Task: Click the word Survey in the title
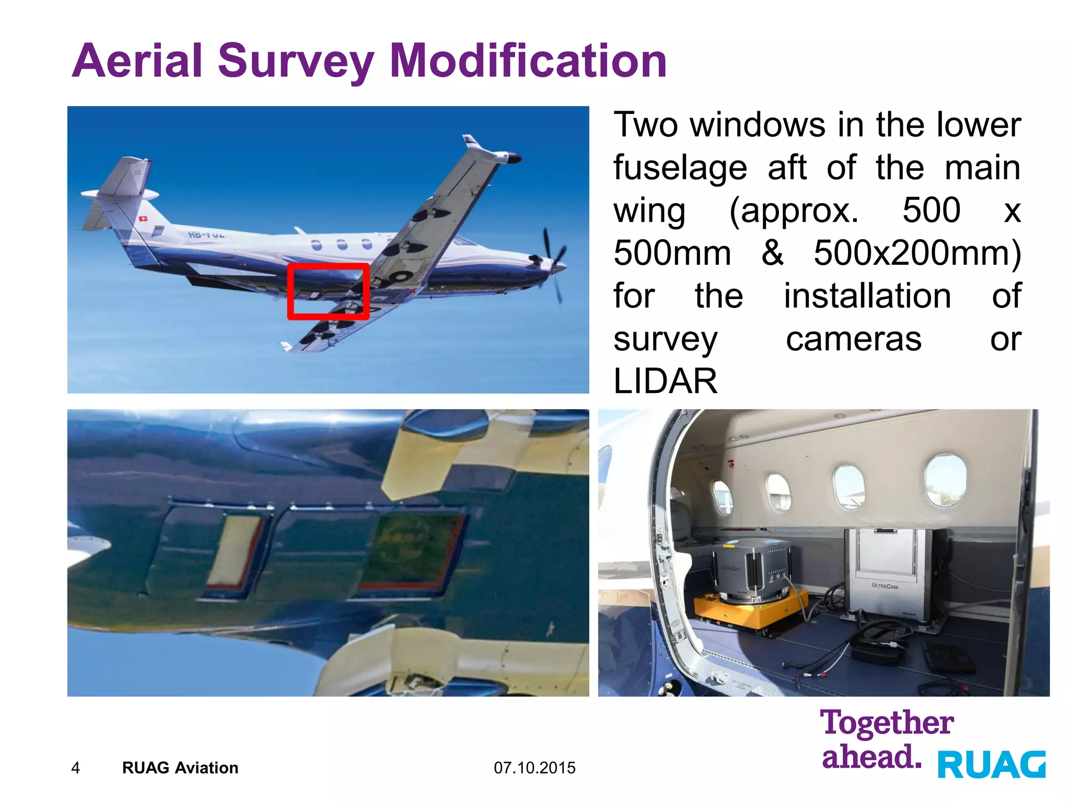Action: [x=296, y=62]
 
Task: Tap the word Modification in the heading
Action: [x=528, y=62]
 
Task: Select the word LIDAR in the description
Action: [x=665, y=381]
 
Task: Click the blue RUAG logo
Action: [x=992, y=764]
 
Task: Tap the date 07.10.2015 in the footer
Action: [x=534, y=768]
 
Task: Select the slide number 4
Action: [x=75, y=768]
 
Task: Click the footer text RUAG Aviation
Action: [x=180, y=768]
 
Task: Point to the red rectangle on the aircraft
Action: [x=328, y=265]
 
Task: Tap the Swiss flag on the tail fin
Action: [x=143, y=219]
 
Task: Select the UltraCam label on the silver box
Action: [x=885, y=586]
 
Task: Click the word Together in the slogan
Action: [x=887, y=723]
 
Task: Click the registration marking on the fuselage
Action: [x=206, y=234]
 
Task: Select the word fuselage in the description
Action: [x=680, y=168]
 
